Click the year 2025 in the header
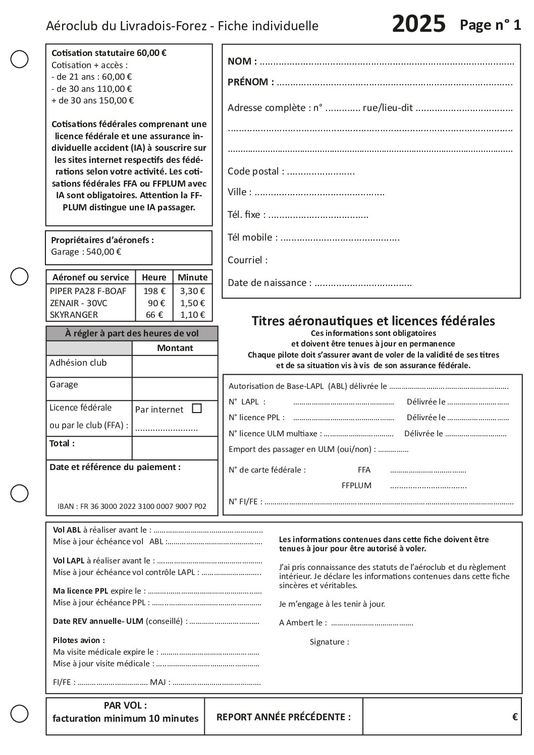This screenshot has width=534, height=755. [418, 24]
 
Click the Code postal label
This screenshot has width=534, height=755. [255, 171]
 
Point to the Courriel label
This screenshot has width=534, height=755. [247, 260]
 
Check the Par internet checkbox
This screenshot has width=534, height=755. [197, 409]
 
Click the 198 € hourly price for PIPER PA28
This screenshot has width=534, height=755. [154, 291]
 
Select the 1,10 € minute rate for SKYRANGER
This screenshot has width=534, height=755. [192, 315]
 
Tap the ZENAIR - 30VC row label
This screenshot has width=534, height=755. [79, 303]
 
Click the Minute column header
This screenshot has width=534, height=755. [192, 277]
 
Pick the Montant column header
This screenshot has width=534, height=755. [175, 348]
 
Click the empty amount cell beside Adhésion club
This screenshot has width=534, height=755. [175, 366]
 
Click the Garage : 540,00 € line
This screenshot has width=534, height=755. [86, 252]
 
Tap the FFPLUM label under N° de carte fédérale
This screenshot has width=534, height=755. [356, 486]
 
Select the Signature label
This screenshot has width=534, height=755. [329, 642]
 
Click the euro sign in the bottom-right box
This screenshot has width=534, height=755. [515, 717]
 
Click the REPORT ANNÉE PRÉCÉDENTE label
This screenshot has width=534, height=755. [283, 717]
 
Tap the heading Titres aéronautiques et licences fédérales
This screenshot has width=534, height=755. [373, 321]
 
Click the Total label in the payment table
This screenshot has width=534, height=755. [62, 444]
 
